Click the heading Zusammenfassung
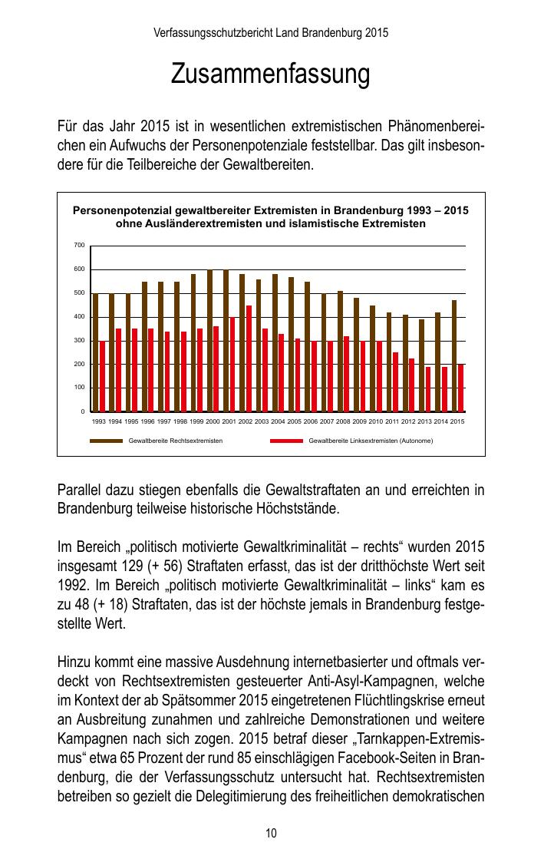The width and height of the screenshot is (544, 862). tap(271, 74)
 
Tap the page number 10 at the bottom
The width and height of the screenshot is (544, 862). tap(271, 833)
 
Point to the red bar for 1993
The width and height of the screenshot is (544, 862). tap(102, 376)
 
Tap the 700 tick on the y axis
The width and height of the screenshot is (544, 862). tap(79, 245)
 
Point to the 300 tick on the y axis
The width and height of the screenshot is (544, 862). tap(79, 340)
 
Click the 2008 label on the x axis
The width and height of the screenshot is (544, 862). tap(343, 421)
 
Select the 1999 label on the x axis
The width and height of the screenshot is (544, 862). tap(196, 421)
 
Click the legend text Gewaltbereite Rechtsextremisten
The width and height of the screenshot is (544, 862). tap(176, 441)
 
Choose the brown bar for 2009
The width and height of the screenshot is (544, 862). tap(356, 355)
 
